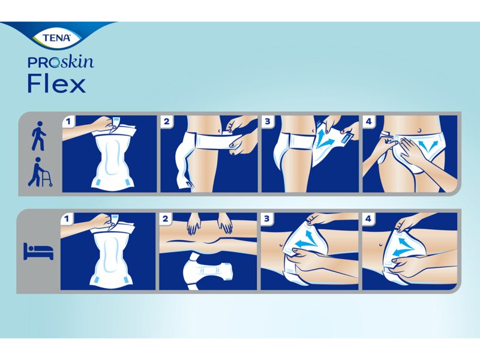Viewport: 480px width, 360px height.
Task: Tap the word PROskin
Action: pyautogui.click(x=61, y=62)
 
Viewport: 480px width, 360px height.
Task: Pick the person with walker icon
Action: pyautogui.click(x=40, y=172)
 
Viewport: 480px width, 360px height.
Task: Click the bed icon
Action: pyautogui.click(x=38, y=251)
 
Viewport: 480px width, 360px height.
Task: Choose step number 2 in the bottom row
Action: pyautogui.click(x=166, y=219)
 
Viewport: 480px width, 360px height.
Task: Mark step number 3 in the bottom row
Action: pyautogui.click(x=267, y=219)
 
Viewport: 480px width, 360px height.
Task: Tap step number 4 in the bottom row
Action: pyautogui.click(x=368, y=219)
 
